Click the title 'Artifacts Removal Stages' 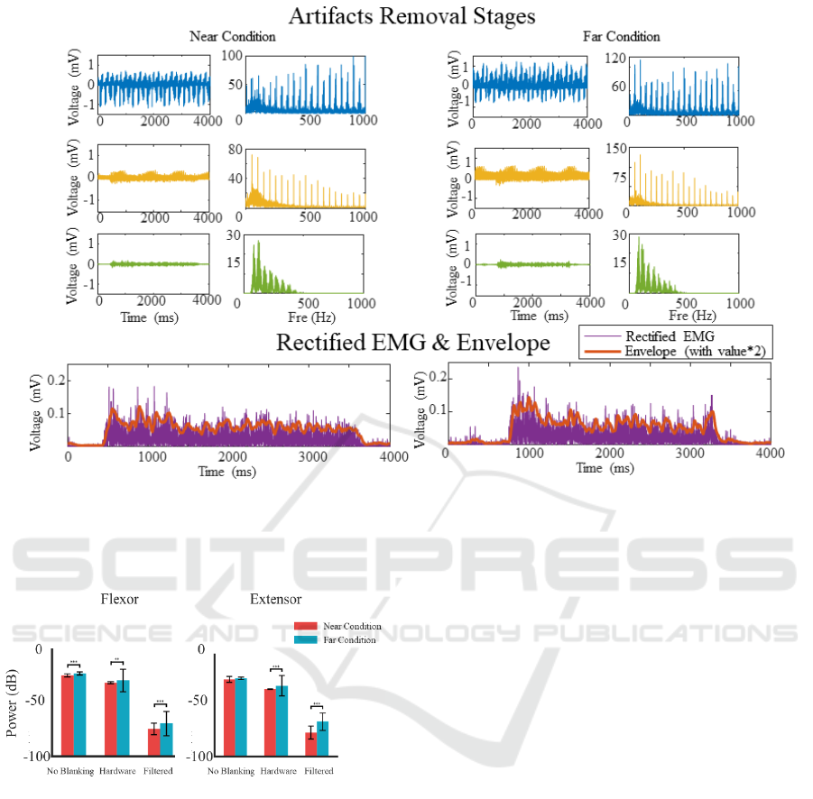coord(411,15)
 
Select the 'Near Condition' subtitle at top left coord(233,37)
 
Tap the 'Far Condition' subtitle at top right coord(621,37)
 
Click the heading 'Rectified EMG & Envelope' coord(412,343)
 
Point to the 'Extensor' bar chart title coord(275,599)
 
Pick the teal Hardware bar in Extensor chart coord(282,721)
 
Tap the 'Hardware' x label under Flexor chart coord(117,771)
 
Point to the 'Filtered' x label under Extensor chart coord(319,771)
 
